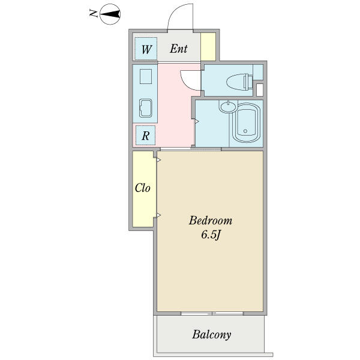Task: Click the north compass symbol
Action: point(110,14)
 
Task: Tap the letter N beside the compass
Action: point(94,14)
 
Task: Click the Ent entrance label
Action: point(179,49)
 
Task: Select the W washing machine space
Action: point(146,49)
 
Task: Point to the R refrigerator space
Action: point(146,135)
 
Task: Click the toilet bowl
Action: point(239,82)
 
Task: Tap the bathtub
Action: point(246,122)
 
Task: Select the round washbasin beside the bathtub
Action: point(227,107)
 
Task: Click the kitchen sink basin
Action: point(146,108)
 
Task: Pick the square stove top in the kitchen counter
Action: point(146,76)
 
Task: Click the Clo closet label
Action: point(142,188)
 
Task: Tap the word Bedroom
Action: point(211,221)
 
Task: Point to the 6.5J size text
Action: point(211,235)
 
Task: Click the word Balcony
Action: point(211,335)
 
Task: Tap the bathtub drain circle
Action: point(245,131)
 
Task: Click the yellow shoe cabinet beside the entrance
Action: point(208,47)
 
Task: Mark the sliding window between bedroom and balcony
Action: point(212,313)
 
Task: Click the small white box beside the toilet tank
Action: point(259,90)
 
